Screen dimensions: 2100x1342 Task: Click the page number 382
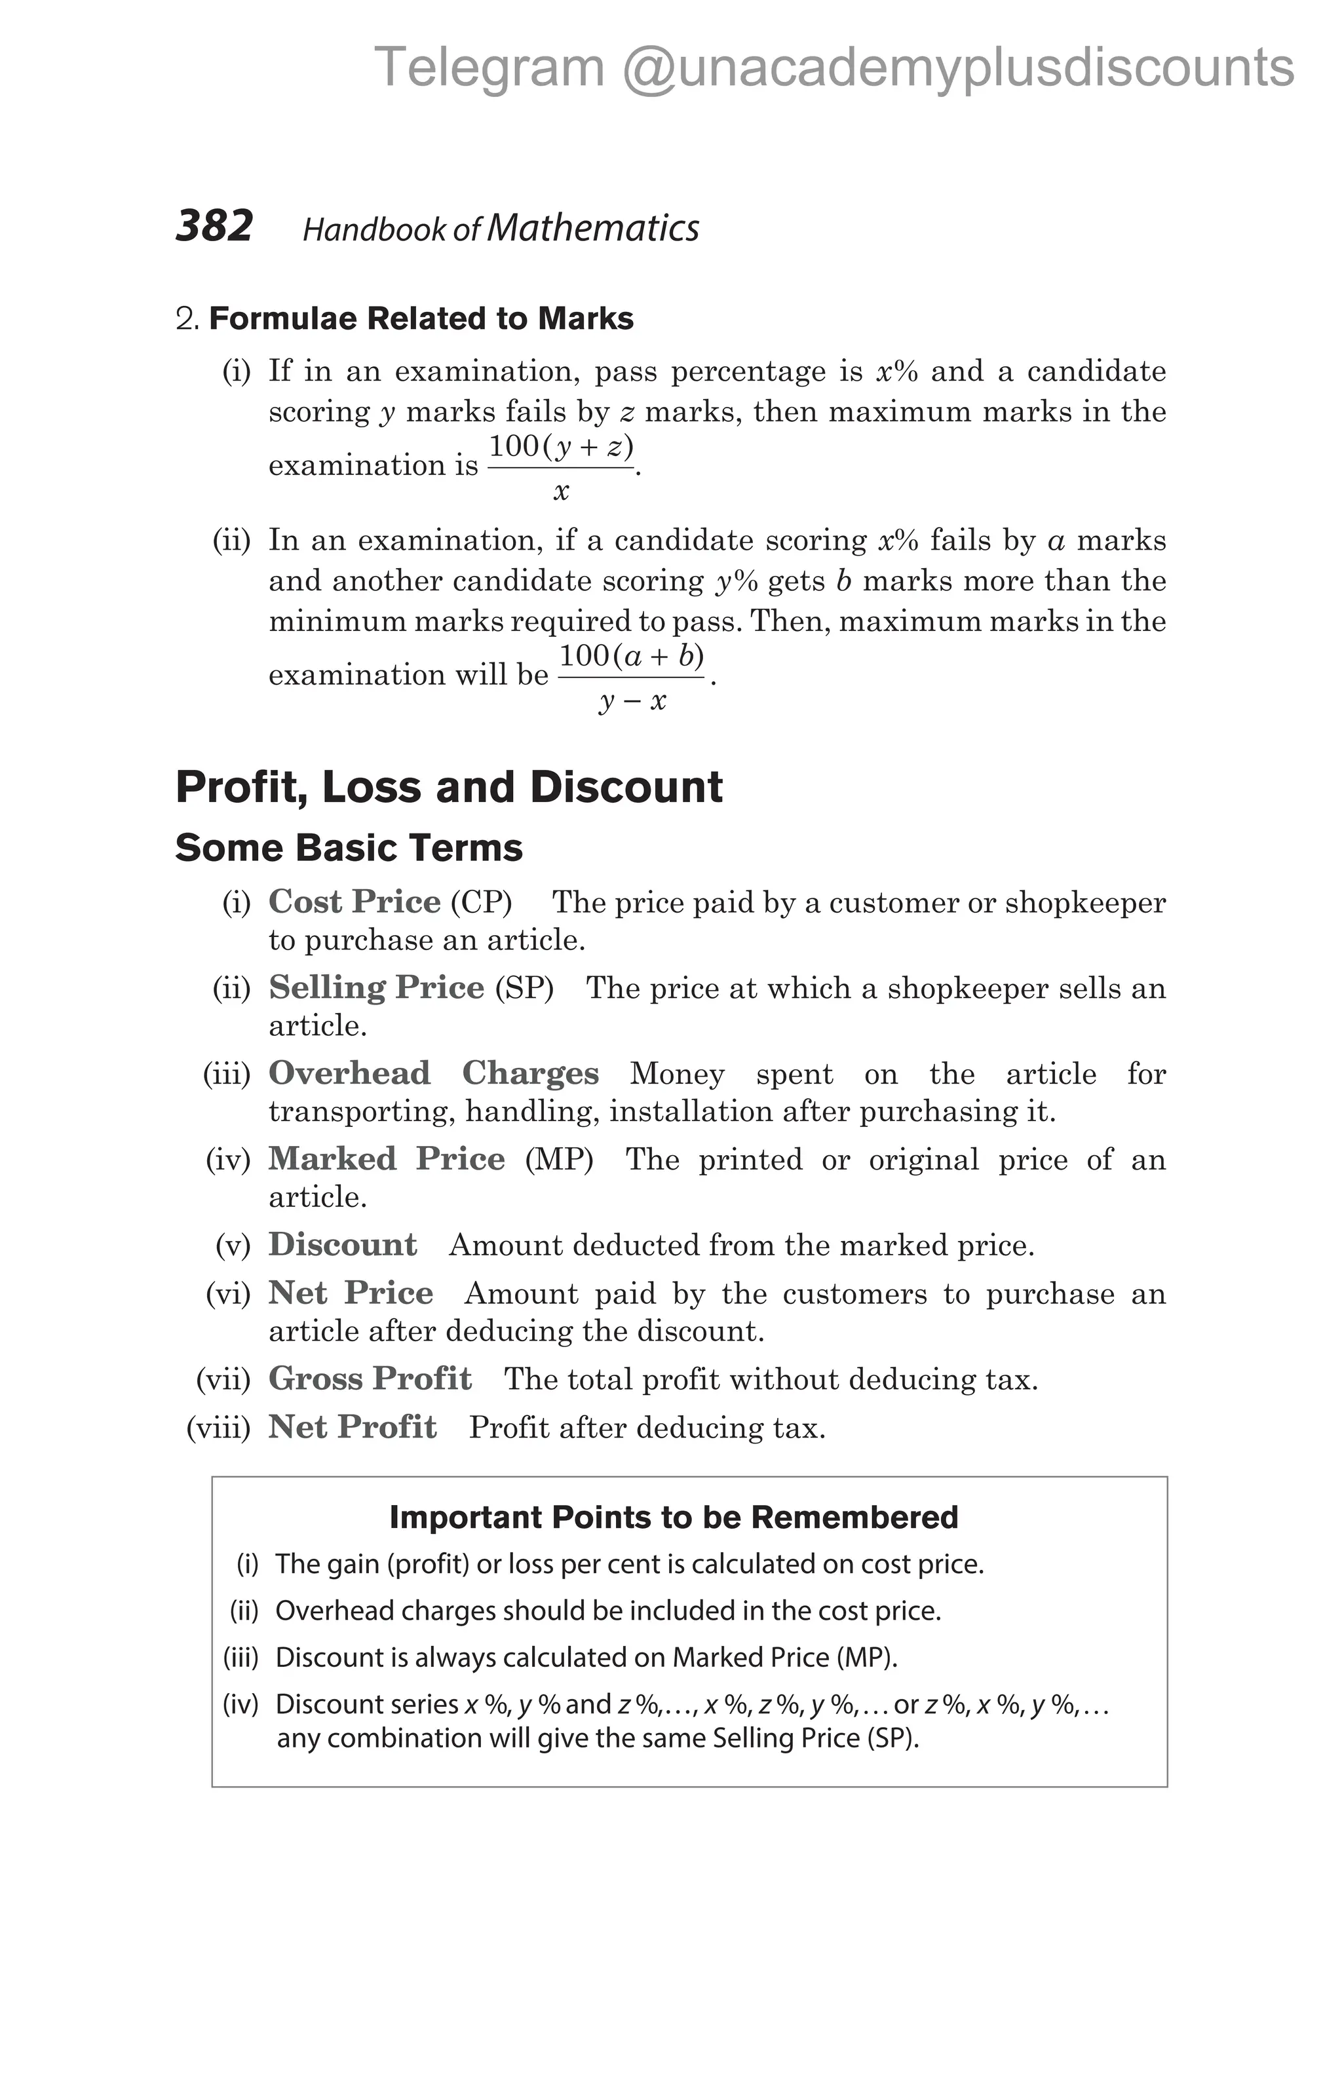tap(214, 227)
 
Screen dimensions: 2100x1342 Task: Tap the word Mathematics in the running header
tap(593, 229)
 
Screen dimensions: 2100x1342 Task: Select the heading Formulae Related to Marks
tap(421, 319)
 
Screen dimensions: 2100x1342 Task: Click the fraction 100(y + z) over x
tap(561, 467)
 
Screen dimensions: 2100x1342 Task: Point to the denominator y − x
tap(632, 701)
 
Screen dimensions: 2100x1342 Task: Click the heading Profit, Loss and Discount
tap(449, 788)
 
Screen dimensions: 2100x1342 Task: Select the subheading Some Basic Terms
tap(349, 849)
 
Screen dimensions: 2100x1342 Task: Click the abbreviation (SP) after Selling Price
tap(524, 988)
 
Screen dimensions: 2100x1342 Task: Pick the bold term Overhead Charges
tap(433, 1073)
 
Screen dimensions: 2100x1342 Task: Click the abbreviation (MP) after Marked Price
tap(559, 1160)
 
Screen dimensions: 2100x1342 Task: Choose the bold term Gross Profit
tap(370, 1379)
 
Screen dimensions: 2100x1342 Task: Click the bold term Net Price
tap(351, 1293)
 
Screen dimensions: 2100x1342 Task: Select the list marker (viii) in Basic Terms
tap(218, 1428)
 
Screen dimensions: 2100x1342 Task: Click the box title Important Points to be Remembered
tap(673, 1518)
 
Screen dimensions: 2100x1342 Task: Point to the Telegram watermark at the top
tap(834, 68)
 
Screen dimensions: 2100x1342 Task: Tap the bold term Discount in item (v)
tap(343, 1244)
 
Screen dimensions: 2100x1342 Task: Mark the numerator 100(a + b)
tap(631, 656)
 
